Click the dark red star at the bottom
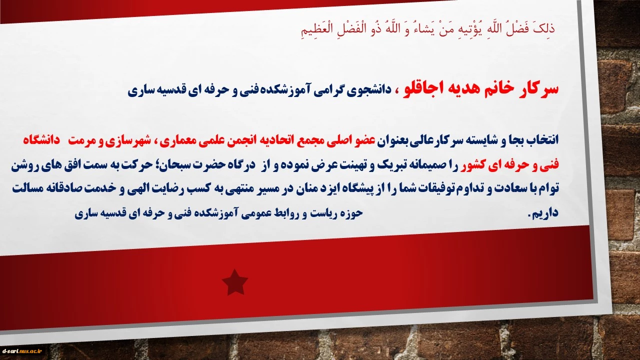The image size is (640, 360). [x=235, y=282]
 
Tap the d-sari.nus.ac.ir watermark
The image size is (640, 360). [x=22, y=351]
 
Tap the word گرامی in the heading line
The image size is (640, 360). [x=327, y=90]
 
